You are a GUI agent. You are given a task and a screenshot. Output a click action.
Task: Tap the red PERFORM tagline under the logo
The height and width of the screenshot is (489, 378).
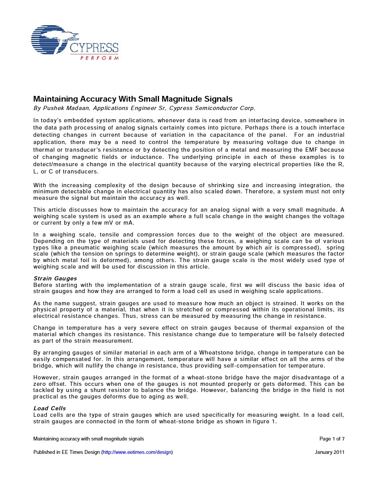(x=99, y=58)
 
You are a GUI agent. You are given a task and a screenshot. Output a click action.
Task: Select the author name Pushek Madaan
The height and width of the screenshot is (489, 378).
(x=65, y=108)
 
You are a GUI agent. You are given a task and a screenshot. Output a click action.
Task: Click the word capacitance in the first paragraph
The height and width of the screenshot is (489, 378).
(x=232, y=135)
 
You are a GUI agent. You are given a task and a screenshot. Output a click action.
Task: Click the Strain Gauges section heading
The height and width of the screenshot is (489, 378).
(x=55, y=279)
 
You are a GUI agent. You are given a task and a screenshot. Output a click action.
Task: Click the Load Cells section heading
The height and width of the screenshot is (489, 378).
(x=50, y=408)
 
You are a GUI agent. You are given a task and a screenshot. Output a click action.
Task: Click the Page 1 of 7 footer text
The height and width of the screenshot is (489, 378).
(x=332, y=439)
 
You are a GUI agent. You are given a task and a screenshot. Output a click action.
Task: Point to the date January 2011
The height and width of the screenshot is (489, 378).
(x=329, y=452)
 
